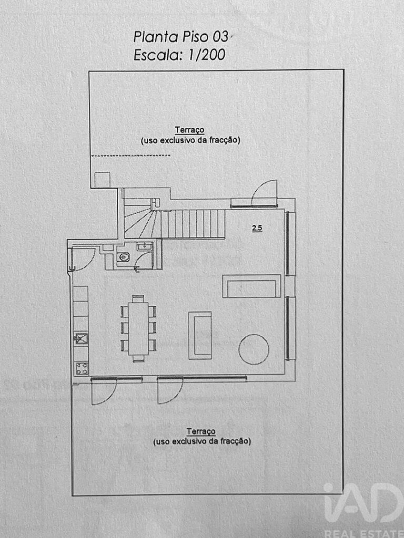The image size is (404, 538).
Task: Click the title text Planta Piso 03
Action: click(181, 37)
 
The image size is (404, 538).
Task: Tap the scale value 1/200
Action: click(206, 55)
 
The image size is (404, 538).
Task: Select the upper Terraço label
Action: click(189, 130)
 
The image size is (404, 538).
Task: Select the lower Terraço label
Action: click(201, 431)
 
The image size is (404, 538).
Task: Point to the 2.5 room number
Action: click(257, 228)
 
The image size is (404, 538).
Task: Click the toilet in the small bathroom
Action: click(123, 257)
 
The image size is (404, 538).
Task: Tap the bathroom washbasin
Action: click(145, 246)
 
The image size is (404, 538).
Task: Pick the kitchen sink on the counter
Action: click(81, 339)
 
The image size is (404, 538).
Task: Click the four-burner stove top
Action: click(81, 368)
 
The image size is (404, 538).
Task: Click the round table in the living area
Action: click(254, 349)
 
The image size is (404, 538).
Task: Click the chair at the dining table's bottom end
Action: click(138, 358)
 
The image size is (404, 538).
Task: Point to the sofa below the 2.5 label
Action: click(252, 286)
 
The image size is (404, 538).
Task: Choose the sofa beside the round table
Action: click(200, 335)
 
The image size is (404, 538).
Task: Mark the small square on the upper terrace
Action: click(103, 180)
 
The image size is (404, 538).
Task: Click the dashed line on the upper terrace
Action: click(131, 155)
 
